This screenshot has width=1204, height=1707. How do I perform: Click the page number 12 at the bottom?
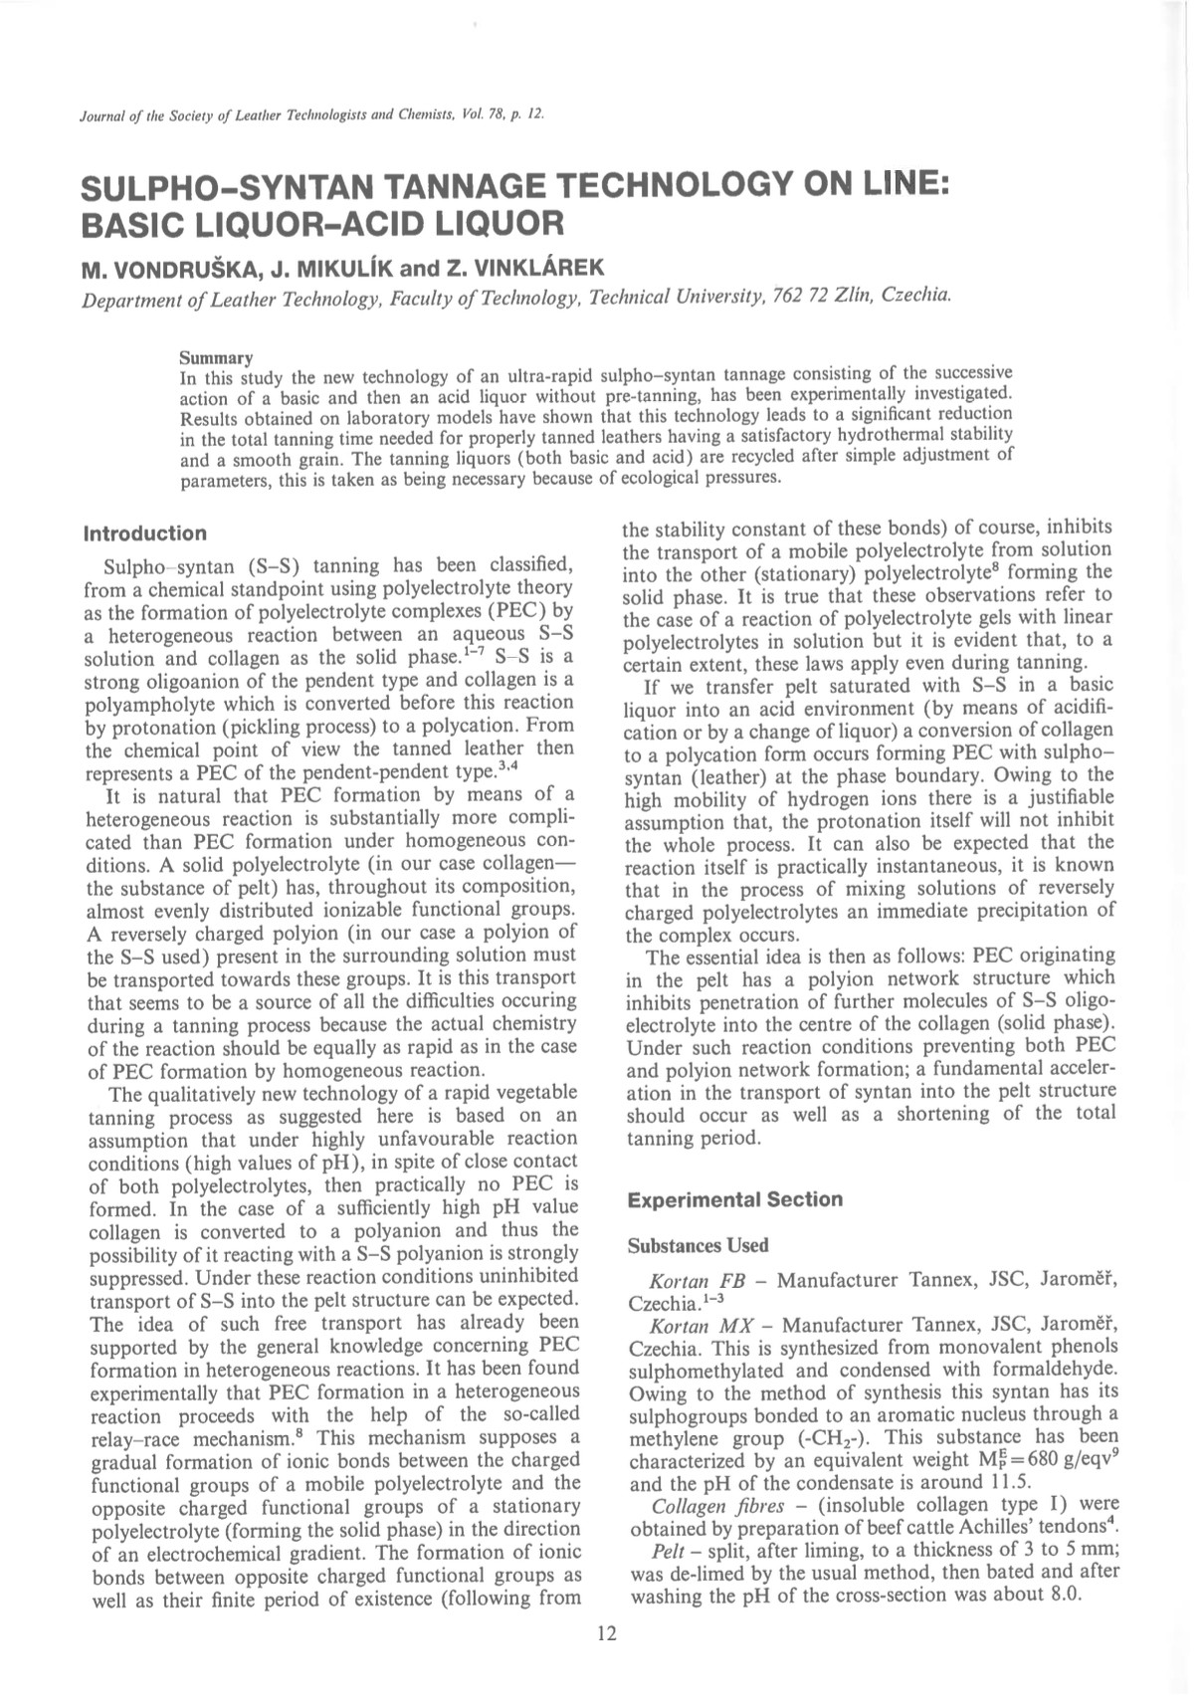(607, 1632)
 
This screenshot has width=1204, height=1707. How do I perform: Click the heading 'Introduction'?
(145, 533)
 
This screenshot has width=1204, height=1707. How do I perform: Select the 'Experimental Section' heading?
(734, 1199)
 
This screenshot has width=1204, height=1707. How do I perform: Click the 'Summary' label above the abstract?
(216, 357)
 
